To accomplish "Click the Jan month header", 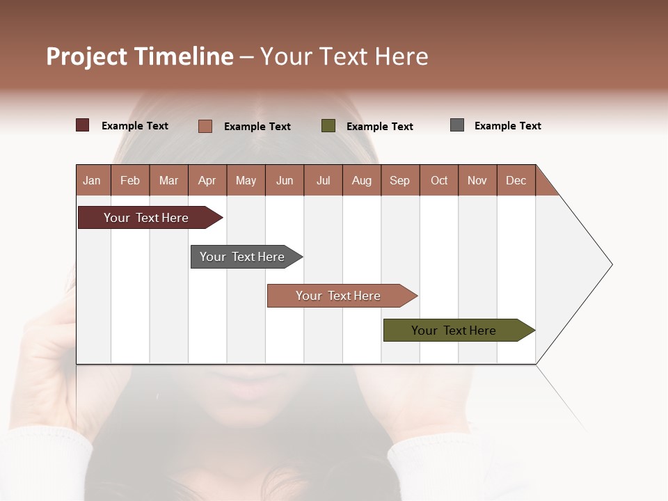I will [x=93, y=180].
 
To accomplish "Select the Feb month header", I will [x=130, y=180].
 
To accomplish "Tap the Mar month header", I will [x=168, y=180].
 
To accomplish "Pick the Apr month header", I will [x=207, y=180].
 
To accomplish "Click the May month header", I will [x=246, y=180].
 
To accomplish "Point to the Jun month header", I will [x=285, y=180].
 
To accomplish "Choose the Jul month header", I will [x=323, y=180].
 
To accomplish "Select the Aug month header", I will [x=362, y=180].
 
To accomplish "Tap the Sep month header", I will [x=400, y=180].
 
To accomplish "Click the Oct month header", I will [x=439, y=180].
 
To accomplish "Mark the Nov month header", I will [x=477, y=180].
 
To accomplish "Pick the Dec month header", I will [x=516, y=180].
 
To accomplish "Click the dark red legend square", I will [x=83, y=125].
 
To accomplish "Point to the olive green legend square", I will [x=328, y=126].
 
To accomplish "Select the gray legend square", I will [x=457, y=125].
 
